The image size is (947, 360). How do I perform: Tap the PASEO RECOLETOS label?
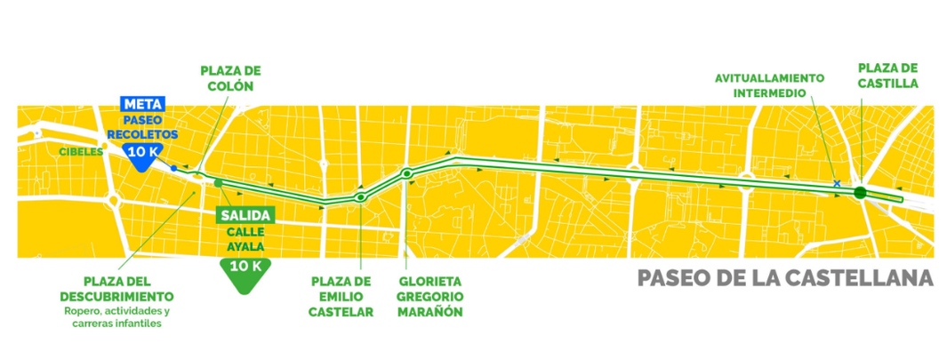point(142,126)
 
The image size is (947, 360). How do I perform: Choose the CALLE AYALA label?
point(245,239)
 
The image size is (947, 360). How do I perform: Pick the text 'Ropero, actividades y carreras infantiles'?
point(116,318)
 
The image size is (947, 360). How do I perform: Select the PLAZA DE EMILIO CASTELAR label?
point(340,296)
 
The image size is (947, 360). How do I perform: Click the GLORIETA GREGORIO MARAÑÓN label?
point(431,296)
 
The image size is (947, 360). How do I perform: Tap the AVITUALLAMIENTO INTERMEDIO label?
point(769,84)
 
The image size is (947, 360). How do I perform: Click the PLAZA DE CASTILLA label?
point(887,76)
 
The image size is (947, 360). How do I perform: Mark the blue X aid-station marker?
point(837,183)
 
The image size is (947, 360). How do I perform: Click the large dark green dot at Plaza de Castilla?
point(860,192)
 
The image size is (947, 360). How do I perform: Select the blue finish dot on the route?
point(173,167)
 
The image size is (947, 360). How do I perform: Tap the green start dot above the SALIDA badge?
point(219,182)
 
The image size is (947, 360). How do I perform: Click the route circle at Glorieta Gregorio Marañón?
point(406,173)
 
